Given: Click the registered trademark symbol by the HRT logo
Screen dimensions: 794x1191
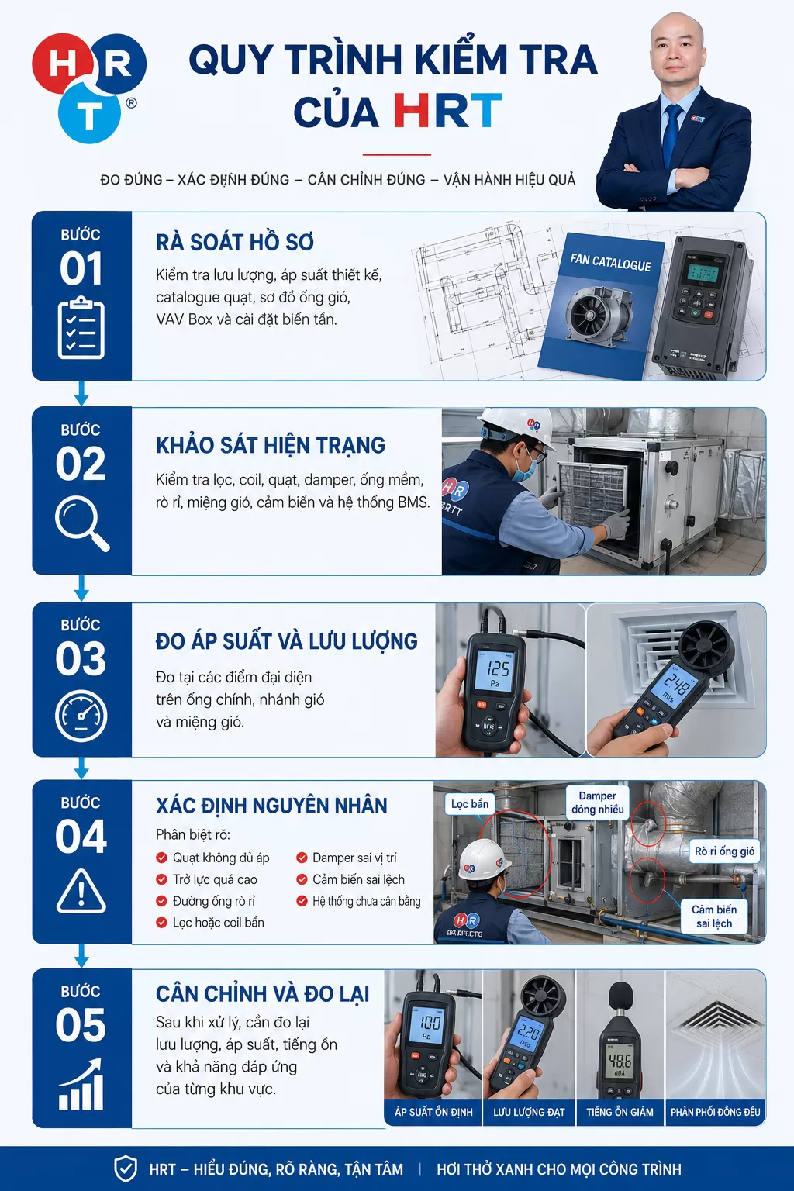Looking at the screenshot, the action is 131,103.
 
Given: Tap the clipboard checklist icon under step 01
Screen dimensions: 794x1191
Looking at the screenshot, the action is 81,328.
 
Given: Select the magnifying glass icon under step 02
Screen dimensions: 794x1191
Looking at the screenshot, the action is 82,523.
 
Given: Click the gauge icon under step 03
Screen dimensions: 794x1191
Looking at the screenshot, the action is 81,716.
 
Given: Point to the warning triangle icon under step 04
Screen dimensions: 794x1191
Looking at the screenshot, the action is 81,891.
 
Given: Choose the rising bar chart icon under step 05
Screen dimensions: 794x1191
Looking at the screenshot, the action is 81,1084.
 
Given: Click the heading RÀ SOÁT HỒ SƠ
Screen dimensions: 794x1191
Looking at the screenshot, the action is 234,243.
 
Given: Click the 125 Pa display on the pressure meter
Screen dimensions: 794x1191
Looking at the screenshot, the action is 495,672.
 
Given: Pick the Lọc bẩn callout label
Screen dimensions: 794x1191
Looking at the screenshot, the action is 470,804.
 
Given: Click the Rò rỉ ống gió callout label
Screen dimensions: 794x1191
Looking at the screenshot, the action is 724,851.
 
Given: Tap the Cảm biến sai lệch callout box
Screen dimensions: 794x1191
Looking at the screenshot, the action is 714,916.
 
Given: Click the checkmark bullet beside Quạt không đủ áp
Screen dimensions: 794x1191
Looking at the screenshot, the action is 162,857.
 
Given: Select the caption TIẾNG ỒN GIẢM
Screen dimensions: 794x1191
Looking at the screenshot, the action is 620,1112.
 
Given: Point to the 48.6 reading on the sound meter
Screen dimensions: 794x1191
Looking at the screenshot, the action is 620,1062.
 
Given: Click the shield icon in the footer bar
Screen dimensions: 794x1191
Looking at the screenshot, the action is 126,1169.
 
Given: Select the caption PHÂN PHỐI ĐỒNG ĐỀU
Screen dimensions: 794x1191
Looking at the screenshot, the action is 715,1112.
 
